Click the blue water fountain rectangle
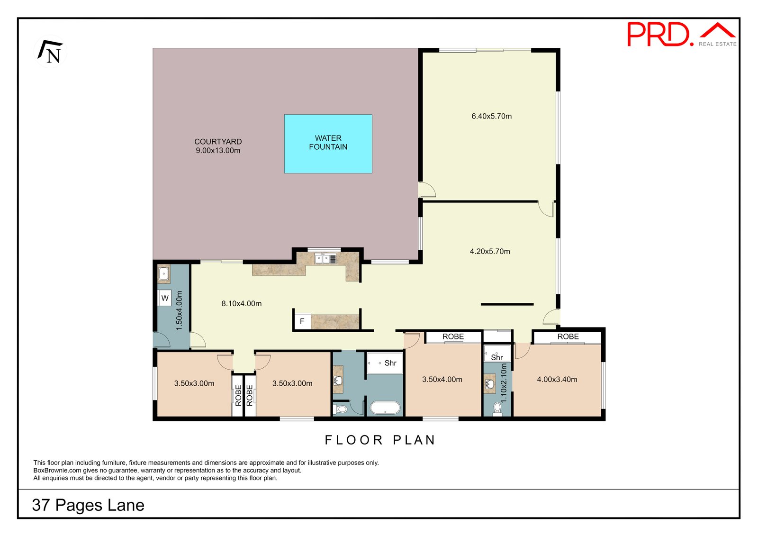click(x=328, y=144)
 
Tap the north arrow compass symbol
click(x=50, y=52)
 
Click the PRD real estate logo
click(x=682, y=34)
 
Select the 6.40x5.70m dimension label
click(x=491, y=116)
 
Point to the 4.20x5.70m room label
click(x=490, y=251)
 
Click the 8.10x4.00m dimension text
click(x=241, y=303)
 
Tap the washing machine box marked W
click(x=165, y=298)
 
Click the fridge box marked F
click(x=302, y=321)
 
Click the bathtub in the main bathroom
click(x=385, y=408)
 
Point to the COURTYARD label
click(x=218, y=142)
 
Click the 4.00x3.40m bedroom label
click(x=557, y=379)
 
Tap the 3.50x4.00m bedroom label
click(x=442, y=379)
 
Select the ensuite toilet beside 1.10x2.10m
click(x=497, y=409)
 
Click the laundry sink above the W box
click(x=164, y=274)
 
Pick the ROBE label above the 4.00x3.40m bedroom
click(x=568, y=336)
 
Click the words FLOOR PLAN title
click(x=380, y=440)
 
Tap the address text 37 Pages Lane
click(x=88, y=505)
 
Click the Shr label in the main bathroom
click(x=390, y=363)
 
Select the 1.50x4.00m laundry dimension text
click(x=179, y=310)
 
